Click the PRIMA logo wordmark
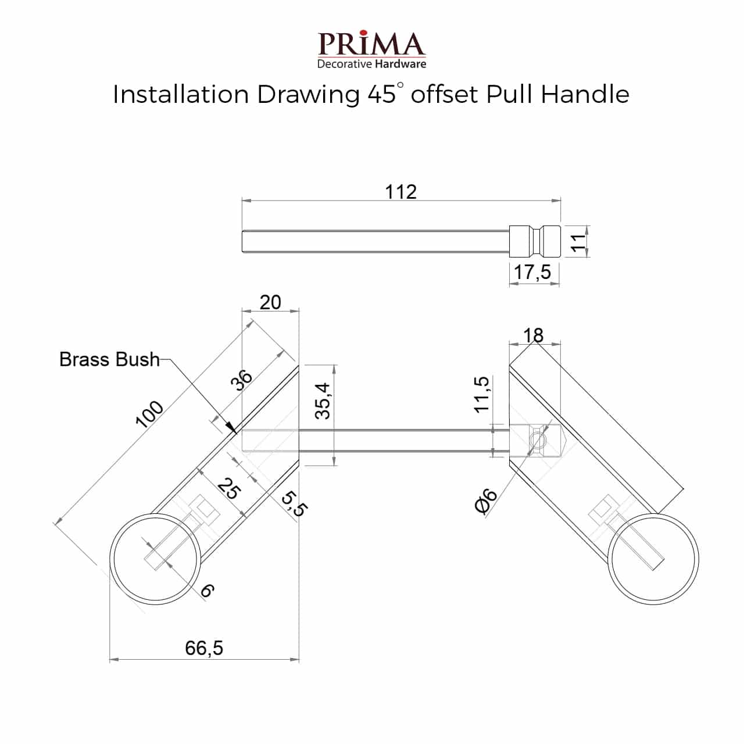coord(371,44)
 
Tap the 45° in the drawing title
coord(385,94)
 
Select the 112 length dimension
coord(401,192)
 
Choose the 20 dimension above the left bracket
coord(270,302)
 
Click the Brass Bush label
coord(109,359)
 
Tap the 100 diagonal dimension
coord(149,414)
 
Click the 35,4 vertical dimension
coord(323,401)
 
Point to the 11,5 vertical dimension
coord(481,395)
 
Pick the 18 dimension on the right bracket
coord(533,335)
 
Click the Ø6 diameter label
coord(487,501)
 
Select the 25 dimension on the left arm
coord(228,489)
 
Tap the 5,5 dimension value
coord(294,503)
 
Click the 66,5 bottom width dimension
coord(204,648)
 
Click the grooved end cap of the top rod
coord(534,241)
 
